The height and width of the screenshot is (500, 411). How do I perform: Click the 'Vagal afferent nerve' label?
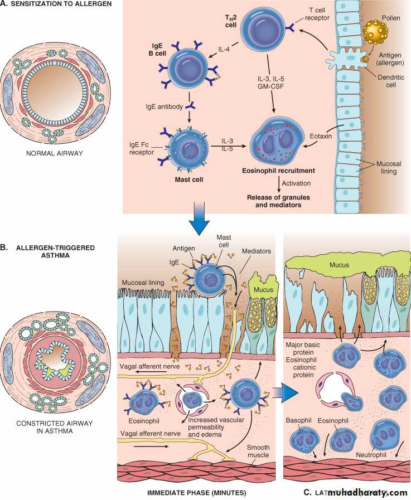[x=147, y=366]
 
